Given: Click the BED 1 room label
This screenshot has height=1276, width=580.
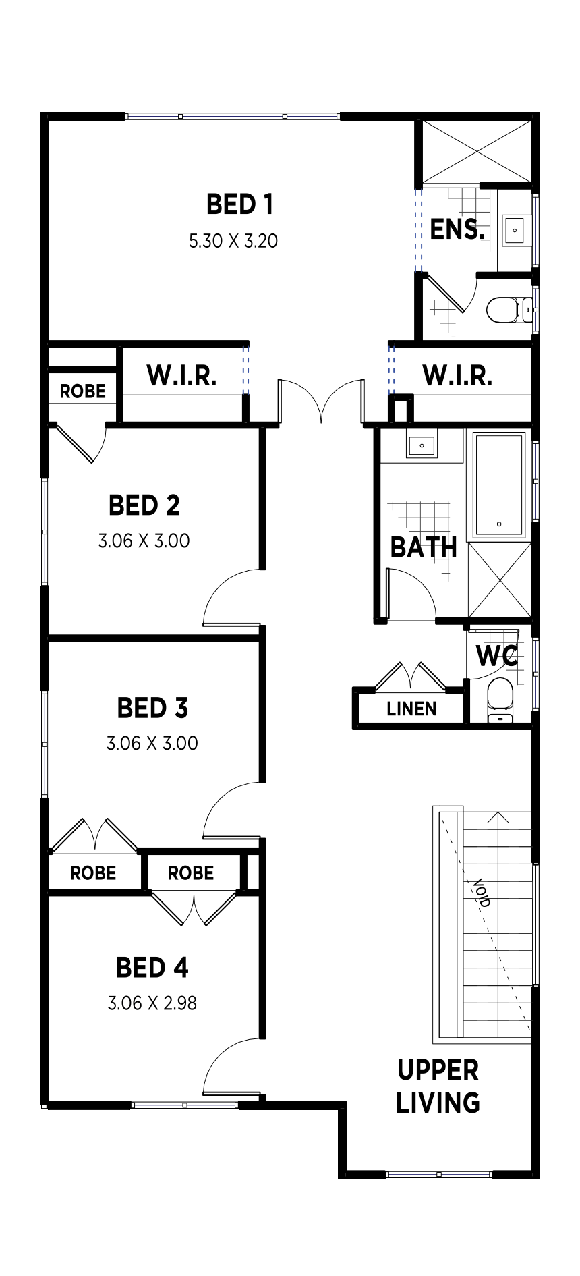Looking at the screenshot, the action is (x=239, y=204).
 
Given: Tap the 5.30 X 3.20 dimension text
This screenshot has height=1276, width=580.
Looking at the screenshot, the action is (x=233, y=241).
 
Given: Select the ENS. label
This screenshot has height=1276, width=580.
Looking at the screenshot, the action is (x=457, y=229).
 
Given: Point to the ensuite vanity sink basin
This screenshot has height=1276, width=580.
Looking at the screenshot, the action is (x=515, y=230).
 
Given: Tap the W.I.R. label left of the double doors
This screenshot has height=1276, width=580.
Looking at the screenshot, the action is (x=181, y=375).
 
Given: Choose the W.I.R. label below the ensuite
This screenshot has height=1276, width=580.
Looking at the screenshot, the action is (x=457, y=375).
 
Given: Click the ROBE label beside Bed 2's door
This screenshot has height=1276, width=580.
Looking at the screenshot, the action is (x=83, y=391).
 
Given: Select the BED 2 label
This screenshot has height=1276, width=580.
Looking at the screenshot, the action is (x=144, y=505).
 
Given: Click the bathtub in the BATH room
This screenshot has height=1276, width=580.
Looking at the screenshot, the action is (x=499, y=485).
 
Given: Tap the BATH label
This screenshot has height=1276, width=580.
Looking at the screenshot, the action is (x=424, y=547).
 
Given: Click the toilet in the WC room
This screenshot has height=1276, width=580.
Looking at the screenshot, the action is (x=500, y=700).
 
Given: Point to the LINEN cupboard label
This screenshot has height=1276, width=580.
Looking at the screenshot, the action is (x=411, y=709).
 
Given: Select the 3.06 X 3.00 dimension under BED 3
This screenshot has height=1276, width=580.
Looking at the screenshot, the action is (x=152, y=743).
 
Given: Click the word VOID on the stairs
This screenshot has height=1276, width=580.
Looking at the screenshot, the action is (x=482, y=892).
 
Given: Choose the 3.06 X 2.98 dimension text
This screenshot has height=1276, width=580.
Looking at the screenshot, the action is (x=152, y=1003).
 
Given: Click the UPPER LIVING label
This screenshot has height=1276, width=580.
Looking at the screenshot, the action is (x=438, y=1086).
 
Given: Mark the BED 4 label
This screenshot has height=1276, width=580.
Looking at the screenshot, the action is (x=152, y=968).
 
